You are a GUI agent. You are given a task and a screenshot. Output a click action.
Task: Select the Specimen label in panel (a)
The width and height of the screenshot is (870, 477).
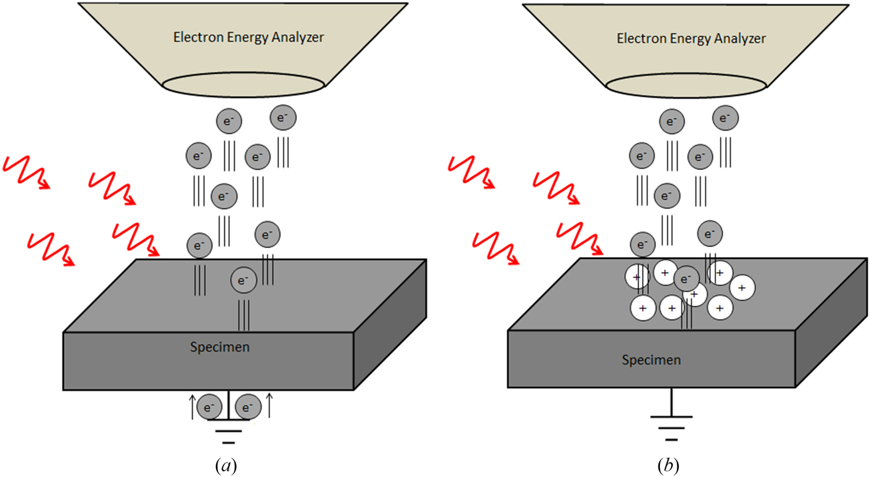(220, 347)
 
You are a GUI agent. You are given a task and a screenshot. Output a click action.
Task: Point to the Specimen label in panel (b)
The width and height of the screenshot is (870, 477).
(651, 360)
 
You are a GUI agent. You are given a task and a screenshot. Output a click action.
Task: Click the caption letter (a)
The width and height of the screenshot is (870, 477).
(226, 465)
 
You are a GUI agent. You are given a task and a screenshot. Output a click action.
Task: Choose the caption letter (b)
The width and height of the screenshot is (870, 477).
(668, 465)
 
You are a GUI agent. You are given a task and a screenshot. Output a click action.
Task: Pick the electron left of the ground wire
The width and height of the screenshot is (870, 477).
(209, 407)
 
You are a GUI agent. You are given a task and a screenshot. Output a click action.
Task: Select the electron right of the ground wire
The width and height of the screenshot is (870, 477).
(248, 407)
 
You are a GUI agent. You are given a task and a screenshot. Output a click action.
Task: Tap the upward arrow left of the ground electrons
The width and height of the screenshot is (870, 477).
(193, 406)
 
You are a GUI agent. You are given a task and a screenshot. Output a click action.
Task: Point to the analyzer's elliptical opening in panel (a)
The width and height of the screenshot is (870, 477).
(243, 85)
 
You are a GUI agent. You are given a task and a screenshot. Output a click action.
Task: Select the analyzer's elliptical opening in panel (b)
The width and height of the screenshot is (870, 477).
(686, 85)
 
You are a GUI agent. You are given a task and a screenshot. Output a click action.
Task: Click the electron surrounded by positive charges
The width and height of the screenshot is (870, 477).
(686, 279)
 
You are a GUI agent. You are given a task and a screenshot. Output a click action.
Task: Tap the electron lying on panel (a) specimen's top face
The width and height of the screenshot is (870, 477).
(243, 280)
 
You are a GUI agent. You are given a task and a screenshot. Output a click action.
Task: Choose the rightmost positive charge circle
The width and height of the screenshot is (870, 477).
(742, 288)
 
